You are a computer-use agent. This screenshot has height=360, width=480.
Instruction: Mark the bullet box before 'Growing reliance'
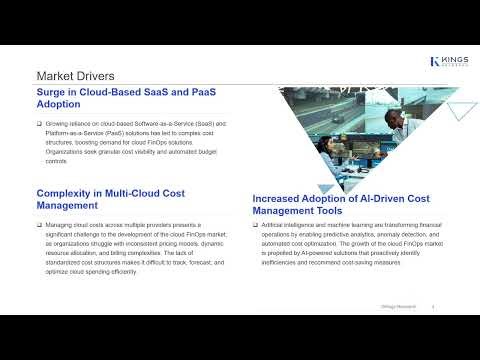coord(39,123)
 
